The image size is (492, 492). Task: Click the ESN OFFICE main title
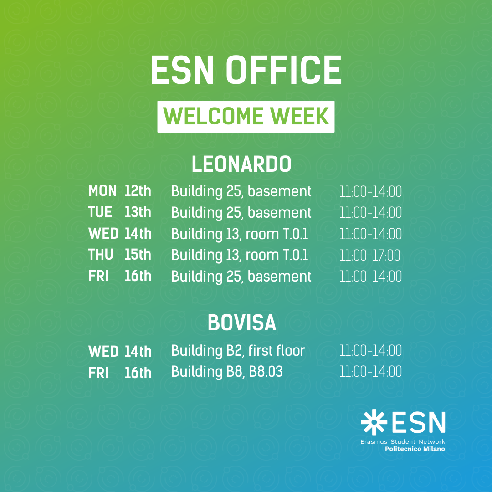[x=246, y=70]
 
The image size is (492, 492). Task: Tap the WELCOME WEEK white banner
[x=246, y=117]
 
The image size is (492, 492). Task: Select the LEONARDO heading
[x=241, y=164]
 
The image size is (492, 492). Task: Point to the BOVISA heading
[x=241, y=323]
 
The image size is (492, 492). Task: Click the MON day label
[x=102, y=191]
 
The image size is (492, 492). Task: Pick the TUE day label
[x=100, y=212]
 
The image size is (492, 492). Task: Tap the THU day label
[x=101, y=255]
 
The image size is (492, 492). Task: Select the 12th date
[x=138, y=191]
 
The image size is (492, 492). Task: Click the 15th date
[x=138, y=255]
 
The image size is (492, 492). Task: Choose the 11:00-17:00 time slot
[x=369, y=256]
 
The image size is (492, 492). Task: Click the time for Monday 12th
[x=370, y=192]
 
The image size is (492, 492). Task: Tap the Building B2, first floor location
[x=238, y=351]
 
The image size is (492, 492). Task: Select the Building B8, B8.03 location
[x=227, y=372]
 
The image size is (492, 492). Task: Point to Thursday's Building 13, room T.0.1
[x=240, y=256]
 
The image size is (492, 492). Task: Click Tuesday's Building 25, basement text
[x=241, y=213]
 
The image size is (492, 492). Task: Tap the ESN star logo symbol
[x=374, y=422]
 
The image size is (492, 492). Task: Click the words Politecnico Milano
[x=415, y=449]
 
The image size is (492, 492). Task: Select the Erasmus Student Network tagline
[x=403, y=442]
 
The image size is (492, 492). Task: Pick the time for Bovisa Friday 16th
[x=370, y=372]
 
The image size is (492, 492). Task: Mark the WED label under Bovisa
[x=103, y=351]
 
